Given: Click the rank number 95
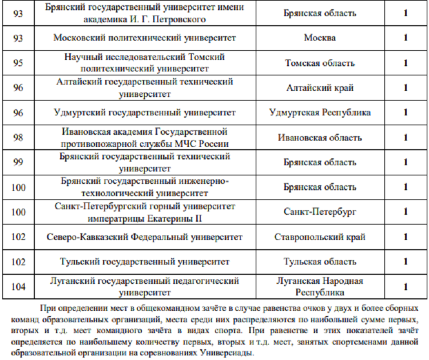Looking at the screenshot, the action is [x=18, y=63].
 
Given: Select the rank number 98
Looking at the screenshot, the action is [x=18, y=138].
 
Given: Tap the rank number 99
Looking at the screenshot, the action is [x=18, y=162].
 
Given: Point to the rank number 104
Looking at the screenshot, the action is [x=18, y=287].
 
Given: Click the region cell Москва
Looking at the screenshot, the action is [x=320, y=38].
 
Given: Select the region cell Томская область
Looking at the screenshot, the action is [x=320, y=63].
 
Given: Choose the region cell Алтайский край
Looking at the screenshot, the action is [x=320, y=88].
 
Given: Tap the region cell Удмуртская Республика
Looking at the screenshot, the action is [x=320, y=113].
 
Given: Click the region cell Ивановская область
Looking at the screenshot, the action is [x=320, y=138].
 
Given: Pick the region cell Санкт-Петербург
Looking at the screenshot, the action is [x=320, y=212].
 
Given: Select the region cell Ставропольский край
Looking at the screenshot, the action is [x=320, y=237].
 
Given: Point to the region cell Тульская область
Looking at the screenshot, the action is [x=320, y=262].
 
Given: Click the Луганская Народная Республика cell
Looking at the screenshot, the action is [x=320, y=287].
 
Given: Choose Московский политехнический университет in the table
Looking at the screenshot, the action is [x=145, y=38].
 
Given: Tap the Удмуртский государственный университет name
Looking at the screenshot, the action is [x=145, y=113].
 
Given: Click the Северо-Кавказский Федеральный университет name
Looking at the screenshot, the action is [x=145, y=237].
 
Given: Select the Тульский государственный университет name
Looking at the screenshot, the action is [x=145, y=262].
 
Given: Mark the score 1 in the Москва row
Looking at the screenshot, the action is [x=406, y=38].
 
